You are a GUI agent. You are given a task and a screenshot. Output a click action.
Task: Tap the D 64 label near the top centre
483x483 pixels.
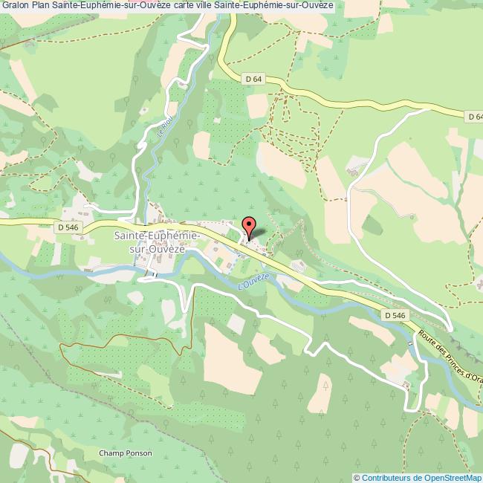tap(254, 78)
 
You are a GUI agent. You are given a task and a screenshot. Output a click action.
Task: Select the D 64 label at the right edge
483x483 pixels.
tap(475, 116)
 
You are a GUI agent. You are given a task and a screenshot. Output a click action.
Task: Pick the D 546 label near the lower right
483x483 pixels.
tap(395, 316)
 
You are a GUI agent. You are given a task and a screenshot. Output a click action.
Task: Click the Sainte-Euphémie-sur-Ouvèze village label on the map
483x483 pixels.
tap(158, 241)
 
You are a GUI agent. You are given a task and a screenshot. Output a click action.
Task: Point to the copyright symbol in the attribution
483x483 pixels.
tap(357, 478)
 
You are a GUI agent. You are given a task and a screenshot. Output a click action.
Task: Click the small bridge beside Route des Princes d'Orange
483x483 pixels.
tap(409, 344)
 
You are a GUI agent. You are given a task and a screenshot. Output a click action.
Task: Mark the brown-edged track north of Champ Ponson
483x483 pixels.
tap(111, 339)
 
